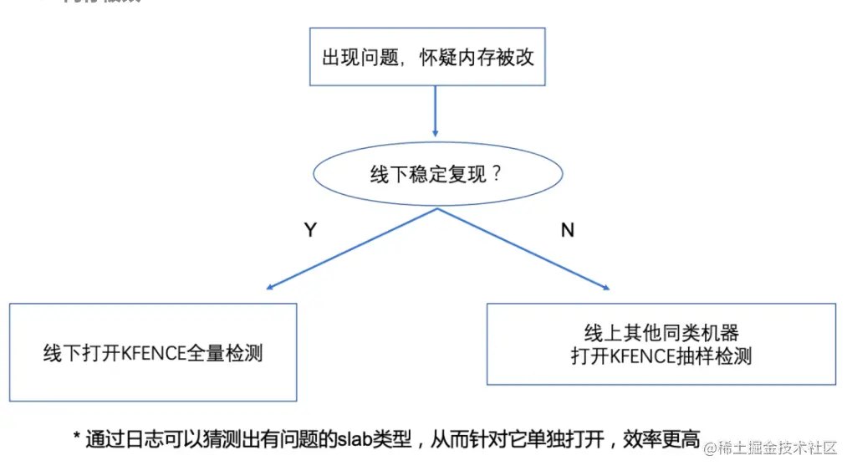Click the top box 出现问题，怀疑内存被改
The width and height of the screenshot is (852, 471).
pyautogui.click(x=428, y=56)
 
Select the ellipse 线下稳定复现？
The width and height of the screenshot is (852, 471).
pyautogui.click(x=436, y=176)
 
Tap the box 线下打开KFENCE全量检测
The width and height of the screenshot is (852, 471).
pyautogui.click(x=153, y=352)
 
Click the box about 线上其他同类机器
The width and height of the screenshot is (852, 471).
pyautogui.click(x=661, y=344)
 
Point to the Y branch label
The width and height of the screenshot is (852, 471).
pyautogui.click(x=310, y=230)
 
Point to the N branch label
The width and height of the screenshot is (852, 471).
pyautogui.click(x=568, y=230)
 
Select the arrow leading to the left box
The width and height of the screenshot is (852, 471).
pyautogui.click(x=351, y=248)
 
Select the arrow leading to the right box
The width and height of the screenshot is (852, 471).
pyautogui.click(x=523, y=248)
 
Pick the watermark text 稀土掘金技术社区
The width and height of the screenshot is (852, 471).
pyautogui.click(x=778, y=448)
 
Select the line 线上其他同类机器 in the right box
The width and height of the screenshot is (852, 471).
pyautogui.click(x=661, y=333)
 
